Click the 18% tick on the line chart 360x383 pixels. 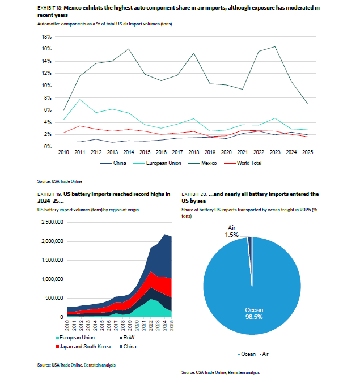[46, 37]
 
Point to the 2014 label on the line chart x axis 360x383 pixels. [129, 152]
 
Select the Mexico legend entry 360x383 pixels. [202, 163]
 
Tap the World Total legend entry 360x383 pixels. [243, 163]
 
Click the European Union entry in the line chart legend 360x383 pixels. [157, 163]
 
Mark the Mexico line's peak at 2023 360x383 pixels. [275, 46]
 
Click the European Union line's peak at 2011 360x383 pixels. [80, 100]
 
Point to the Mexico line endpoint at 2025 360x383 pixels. [307, 104]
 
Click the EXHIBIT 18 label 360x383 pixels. [50, 8]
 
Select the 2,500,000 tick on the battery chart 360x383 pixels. [52, 222]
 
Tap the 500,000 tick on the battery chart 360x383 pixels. [54, 298]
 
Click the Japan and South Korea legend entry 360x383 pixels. [83, 347]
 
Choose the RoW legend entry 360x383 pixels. [127, 338]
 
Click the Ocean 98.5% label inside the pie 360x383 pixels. [254, 313]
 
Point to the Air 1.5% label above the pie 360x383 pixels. [231, 231]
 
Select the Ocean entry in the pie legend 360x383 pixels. [247, 354]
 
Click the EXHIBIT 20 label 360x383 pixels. [194, 194]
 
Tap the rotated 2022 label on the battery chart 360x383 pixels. [151, 325]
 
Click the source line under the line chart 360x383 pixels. [60, 181]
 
